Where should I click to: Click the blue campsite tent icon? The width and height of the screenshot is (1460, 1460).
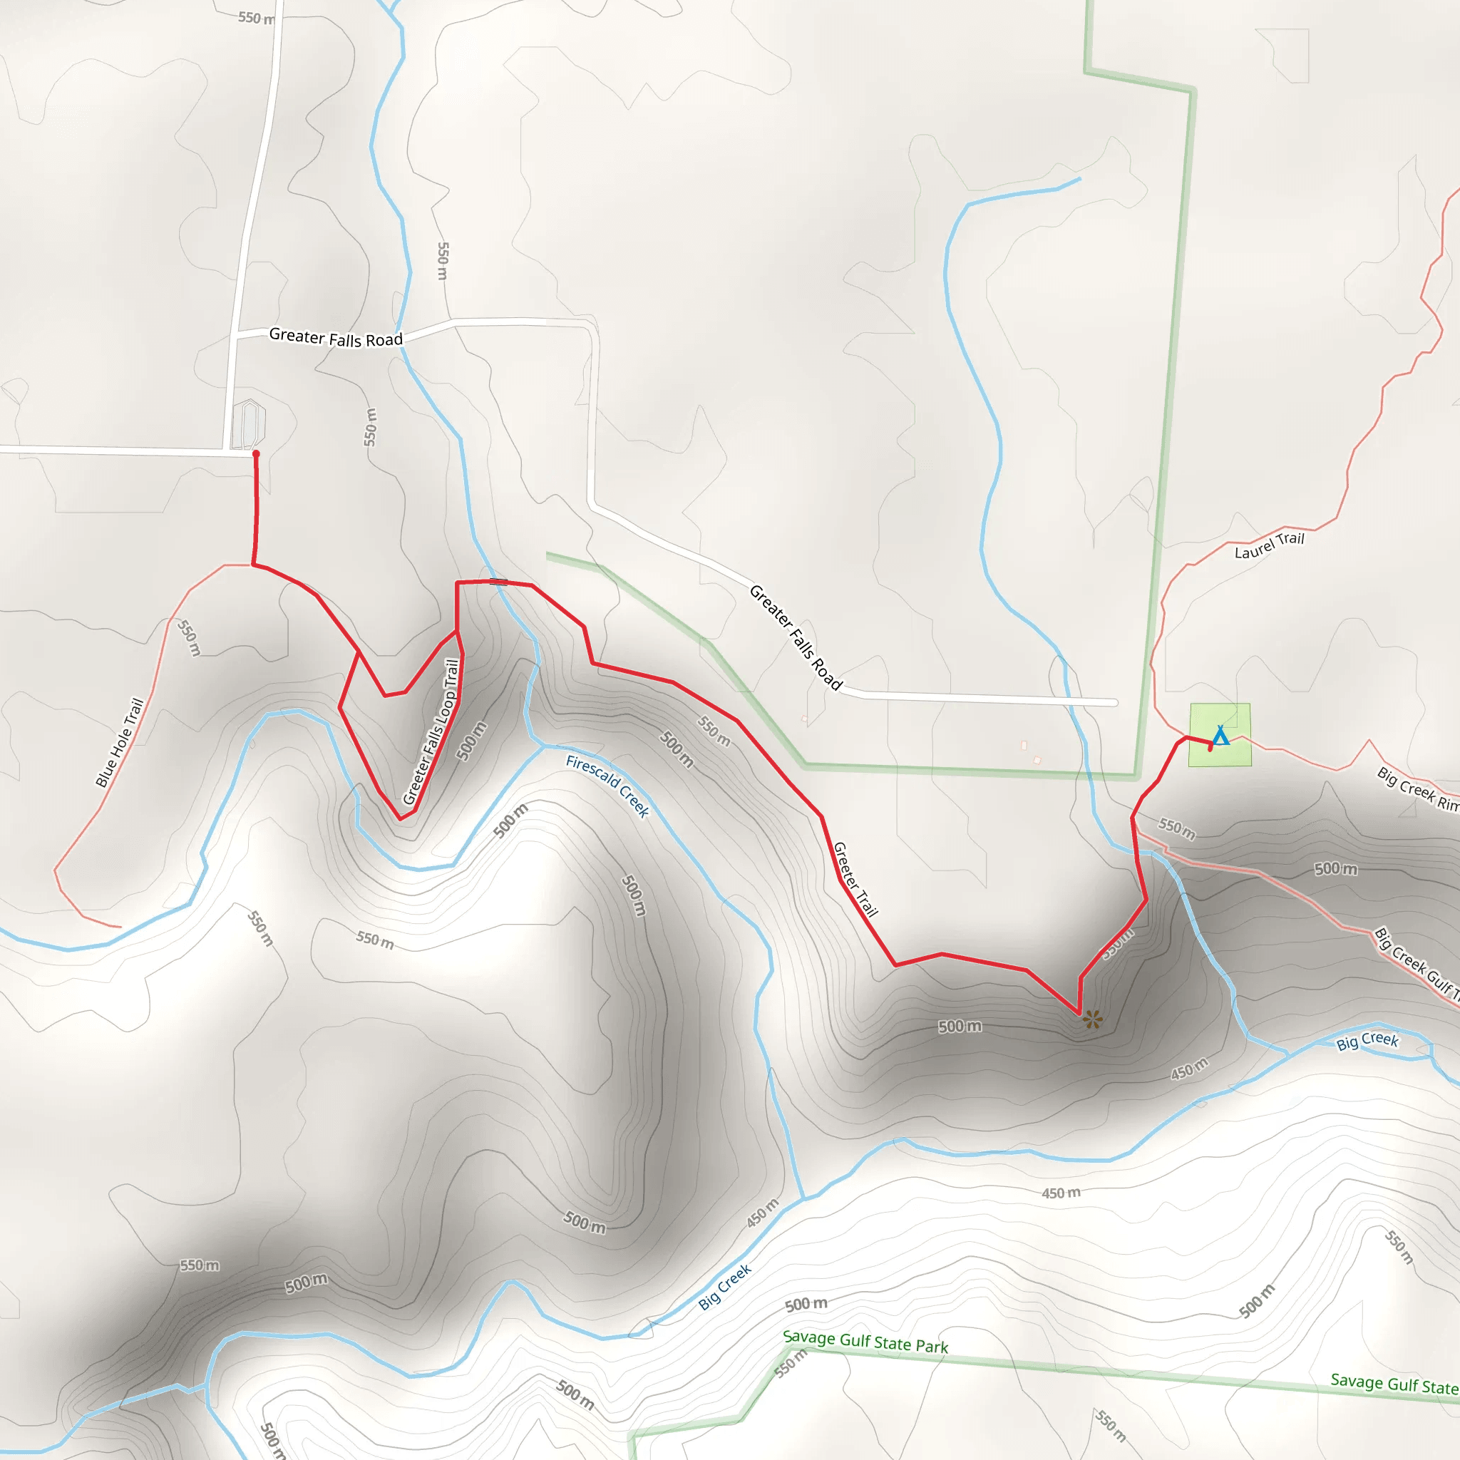1220,735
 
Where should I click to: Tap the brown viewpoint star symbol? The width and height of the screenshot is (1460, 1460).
1092,1019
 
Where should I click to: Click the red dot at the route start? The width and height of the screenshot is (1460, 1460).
256,453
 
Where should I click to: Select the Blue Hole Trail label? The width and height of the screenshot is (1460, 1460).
119,742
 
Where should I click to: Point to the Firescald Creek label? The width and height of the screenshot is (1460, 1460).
607,786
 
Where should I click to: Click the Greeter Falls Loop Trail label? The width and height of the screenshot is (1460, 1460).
431,732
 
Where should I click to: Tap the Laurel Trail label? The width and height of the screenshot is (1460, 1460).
1270,545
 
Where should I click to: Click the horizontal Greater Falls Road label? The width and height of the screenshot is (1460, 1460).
336,337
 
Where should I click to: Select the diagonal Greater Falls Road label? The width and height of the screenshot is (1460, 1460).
795,637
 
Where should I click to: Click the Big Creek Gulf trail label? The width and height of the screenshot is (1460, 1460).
1415,961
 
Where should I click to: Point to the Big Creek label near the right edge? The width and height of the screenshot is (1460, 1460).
1367,1042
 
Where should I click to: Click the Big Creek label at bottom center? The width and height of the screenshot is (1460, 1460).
725,1286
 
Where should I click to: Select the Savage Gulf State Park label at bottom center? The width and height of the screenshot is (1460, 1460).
865,1342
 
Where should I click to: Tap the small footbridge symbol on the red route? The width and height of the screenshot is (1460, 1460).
498,581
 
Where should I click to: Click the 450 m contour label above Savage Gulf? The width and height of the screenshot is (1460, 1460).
1061,1193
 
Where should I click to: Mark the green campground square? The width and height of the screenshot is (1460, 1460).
1220,734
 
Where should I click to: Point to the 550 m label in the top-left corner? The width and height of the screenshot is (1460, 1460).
256,17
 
